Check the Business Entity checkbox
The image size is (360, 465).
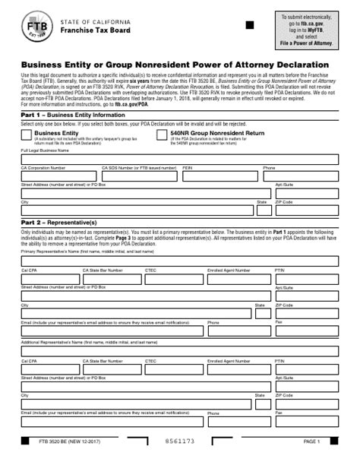point(27,134)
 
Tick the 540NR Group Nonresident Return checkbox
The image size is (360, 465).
point(163,134)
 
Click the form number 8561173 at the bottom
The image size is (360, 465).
point(180,441)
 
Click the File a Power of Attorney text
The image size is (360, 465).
point(306,43)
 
